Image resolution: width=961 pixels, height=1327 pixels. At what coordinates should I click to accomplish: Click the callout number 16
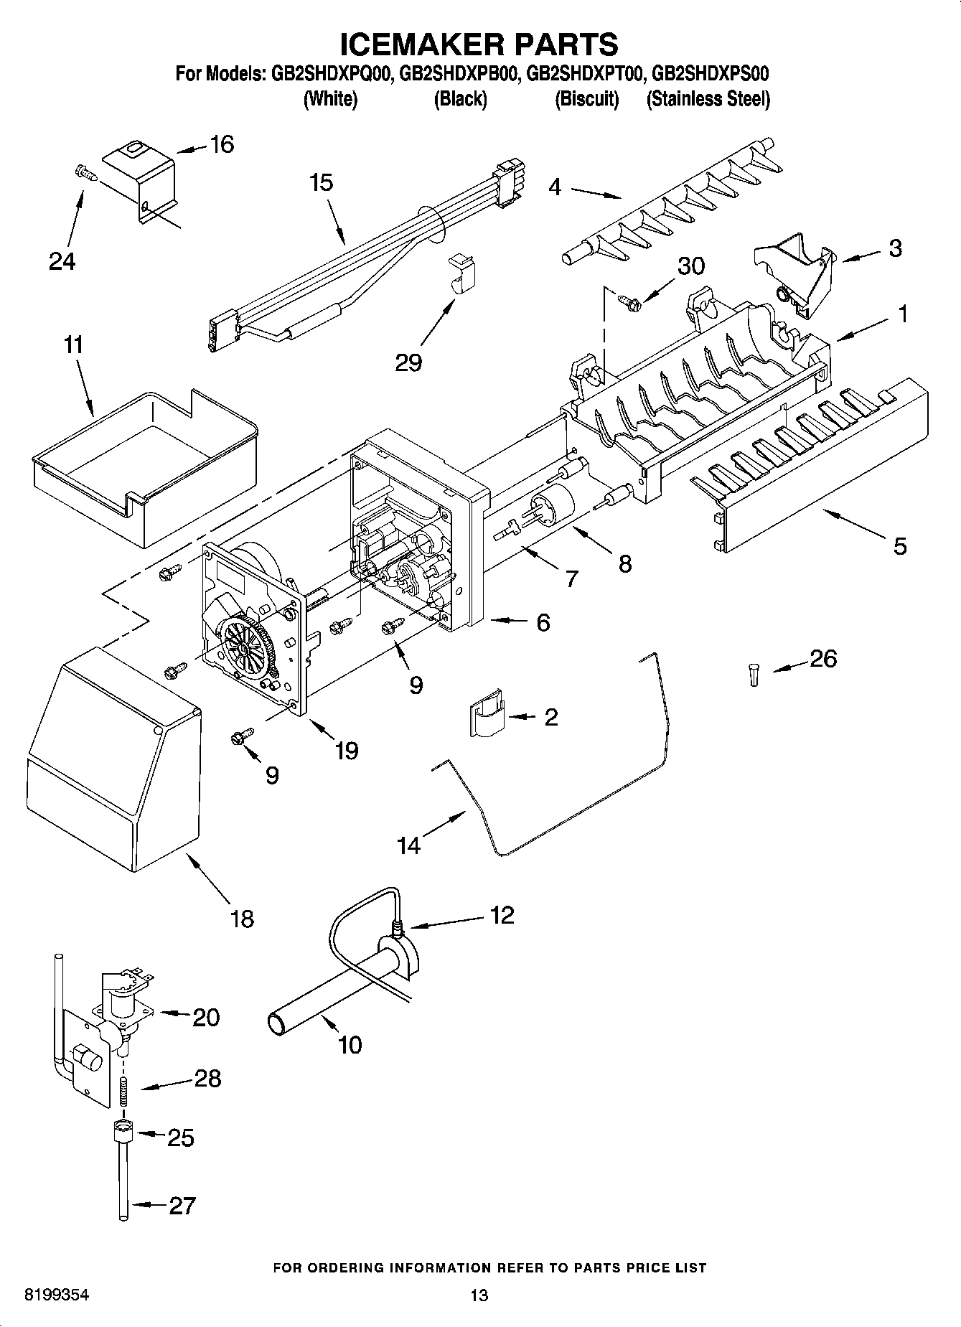click(222, 145)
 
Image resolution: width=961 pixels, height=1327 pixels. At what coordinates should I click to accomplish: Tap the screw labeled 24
click(84, 172)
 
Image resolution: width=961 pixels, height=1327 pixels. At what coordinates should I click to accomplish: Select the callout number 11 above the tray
click(72, 345)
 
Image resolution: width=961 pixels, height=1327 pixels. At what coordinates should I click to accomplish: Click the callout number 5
click(899, 547)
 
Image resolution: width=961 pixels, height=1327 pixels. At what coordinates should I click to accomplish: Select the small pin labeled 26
click(754, 675)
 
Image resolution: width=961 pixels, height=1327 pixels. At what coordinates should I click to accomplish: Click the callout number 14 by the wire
click(408, 846)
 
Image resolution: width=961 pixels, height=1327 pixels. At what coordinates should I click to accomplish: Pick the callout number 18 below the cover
click(242, 919)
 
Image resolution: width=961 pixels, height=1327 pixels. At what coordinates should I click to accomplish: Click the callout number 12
click(502, 915)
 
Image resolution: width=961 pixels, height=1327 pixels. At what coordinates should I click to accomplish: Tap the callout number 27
click(181, 1205)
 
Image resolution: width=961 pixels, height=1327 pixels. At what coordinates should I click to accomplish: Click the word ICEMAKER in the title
click(416, 44)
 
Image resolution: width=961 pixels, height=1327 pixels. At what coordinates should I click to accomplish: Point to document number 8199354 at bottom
click(57, 1295)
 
